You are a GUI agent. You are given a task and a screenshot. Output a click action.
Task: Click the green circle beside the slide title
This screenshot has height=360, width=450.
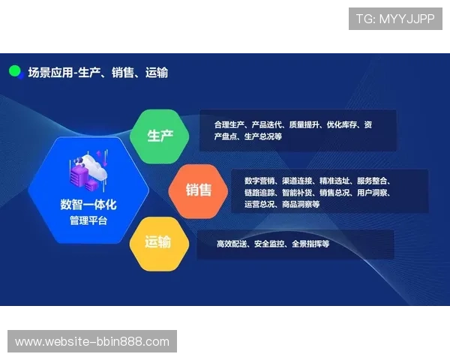[x=14, y=72]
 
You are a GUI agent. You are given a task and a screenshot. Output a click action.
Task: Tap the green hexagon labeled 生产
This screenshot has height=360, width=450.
[x=160, y=136]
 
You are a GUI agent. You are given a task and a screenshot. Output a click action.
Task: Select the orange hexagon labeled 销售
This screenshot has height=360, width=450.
[x=199, y=190]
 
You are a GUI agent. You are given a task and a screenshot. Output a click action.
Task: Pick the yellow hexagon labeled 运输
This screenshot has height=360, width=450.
[x=157, y=242]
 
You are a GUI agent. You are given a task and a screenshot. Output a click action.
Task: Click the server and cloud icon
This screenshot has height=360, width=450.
[x=89, y=172]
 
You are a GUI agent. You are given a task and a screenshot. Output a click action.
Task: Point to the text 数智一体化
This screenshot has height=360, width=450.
[x=88, y=205]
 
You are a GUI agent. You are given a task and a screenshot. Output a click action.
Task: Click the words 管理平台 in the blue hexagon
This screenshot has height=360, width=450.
[x=88, y=220]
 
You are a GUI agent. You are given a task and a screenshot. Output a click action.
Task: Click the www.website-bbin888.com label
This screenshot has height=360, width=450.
[x=92, y=342]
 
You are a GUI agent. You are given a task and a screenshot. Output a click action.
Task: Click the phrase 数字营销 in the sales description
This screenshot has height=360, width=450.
[x=259, y=181]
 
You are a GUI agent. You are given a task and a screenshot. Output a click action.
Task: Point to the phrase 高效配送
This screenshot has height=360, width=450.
[x=232, y=244]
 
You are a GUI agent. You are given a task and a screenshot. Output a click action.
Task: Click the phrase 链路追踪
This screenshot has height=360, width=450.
[x=259, y=193]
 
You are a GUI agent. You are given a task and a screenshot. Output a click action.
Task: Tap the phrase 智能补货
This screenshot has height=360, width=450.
[x=296, y=193]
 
